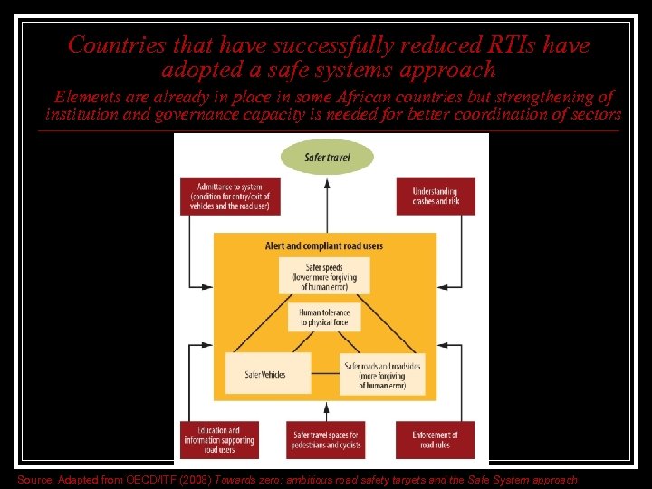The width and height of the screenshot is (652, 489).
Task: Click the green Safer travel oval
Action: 327,157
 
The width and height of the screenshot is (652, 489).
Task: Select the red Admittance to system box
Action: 229,197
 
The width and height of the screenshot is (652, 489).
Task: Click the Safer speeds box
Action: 324,276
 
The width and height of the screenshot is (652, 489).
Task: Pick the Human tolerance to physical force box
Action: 323,317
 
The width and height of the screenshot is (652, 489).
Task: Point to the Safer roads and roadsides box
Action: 381,373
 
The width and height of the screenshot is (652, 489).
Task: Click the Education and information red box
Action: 218,441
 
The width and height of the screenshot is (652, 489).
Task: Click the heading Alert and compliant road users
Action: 323,245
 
